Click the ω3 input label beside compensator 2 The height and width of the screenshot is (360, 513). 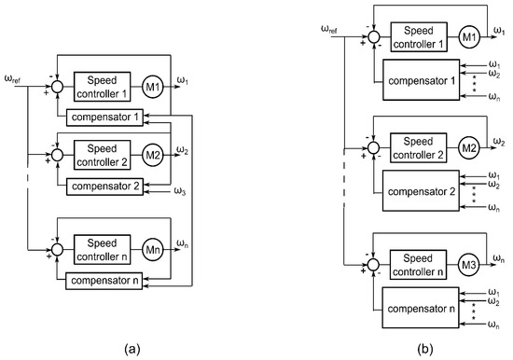pos(183,193)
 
